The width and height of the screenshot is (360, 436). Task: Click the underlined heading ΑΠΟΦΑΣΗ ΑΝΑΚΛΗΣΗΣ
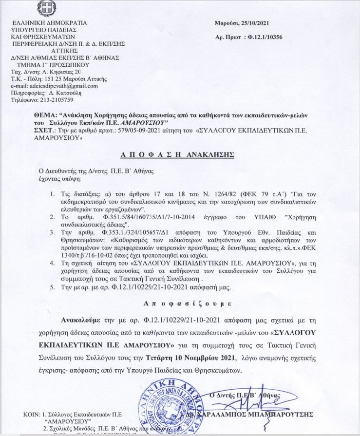pos(177,154)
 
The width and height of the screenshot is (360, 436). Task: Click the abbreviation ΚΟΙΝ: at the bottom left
pos(32,414)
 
